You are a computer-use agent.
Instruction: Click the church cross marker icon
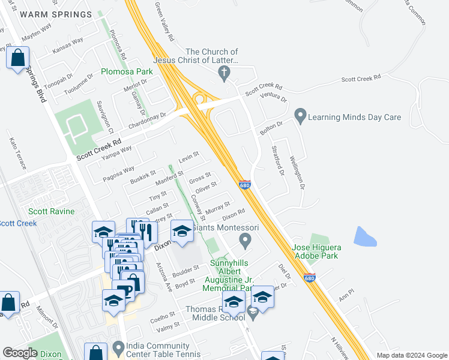click(224, 73)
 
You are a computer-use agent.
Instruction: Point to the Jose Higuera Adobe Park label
click(315, 251)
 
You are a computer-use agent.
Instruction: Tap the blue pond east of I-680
click(365, 237)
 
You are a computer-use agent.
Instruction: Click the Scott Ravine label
click(52, 211)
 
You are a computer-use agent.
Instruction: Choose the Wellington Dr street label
click(297, 173)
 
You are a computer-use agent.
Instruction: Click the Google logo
click(19, 352)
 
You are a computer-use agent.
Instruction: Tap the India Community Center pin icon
click(118, 347)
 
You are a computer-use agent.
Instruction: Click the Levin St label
click(188, 157)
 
